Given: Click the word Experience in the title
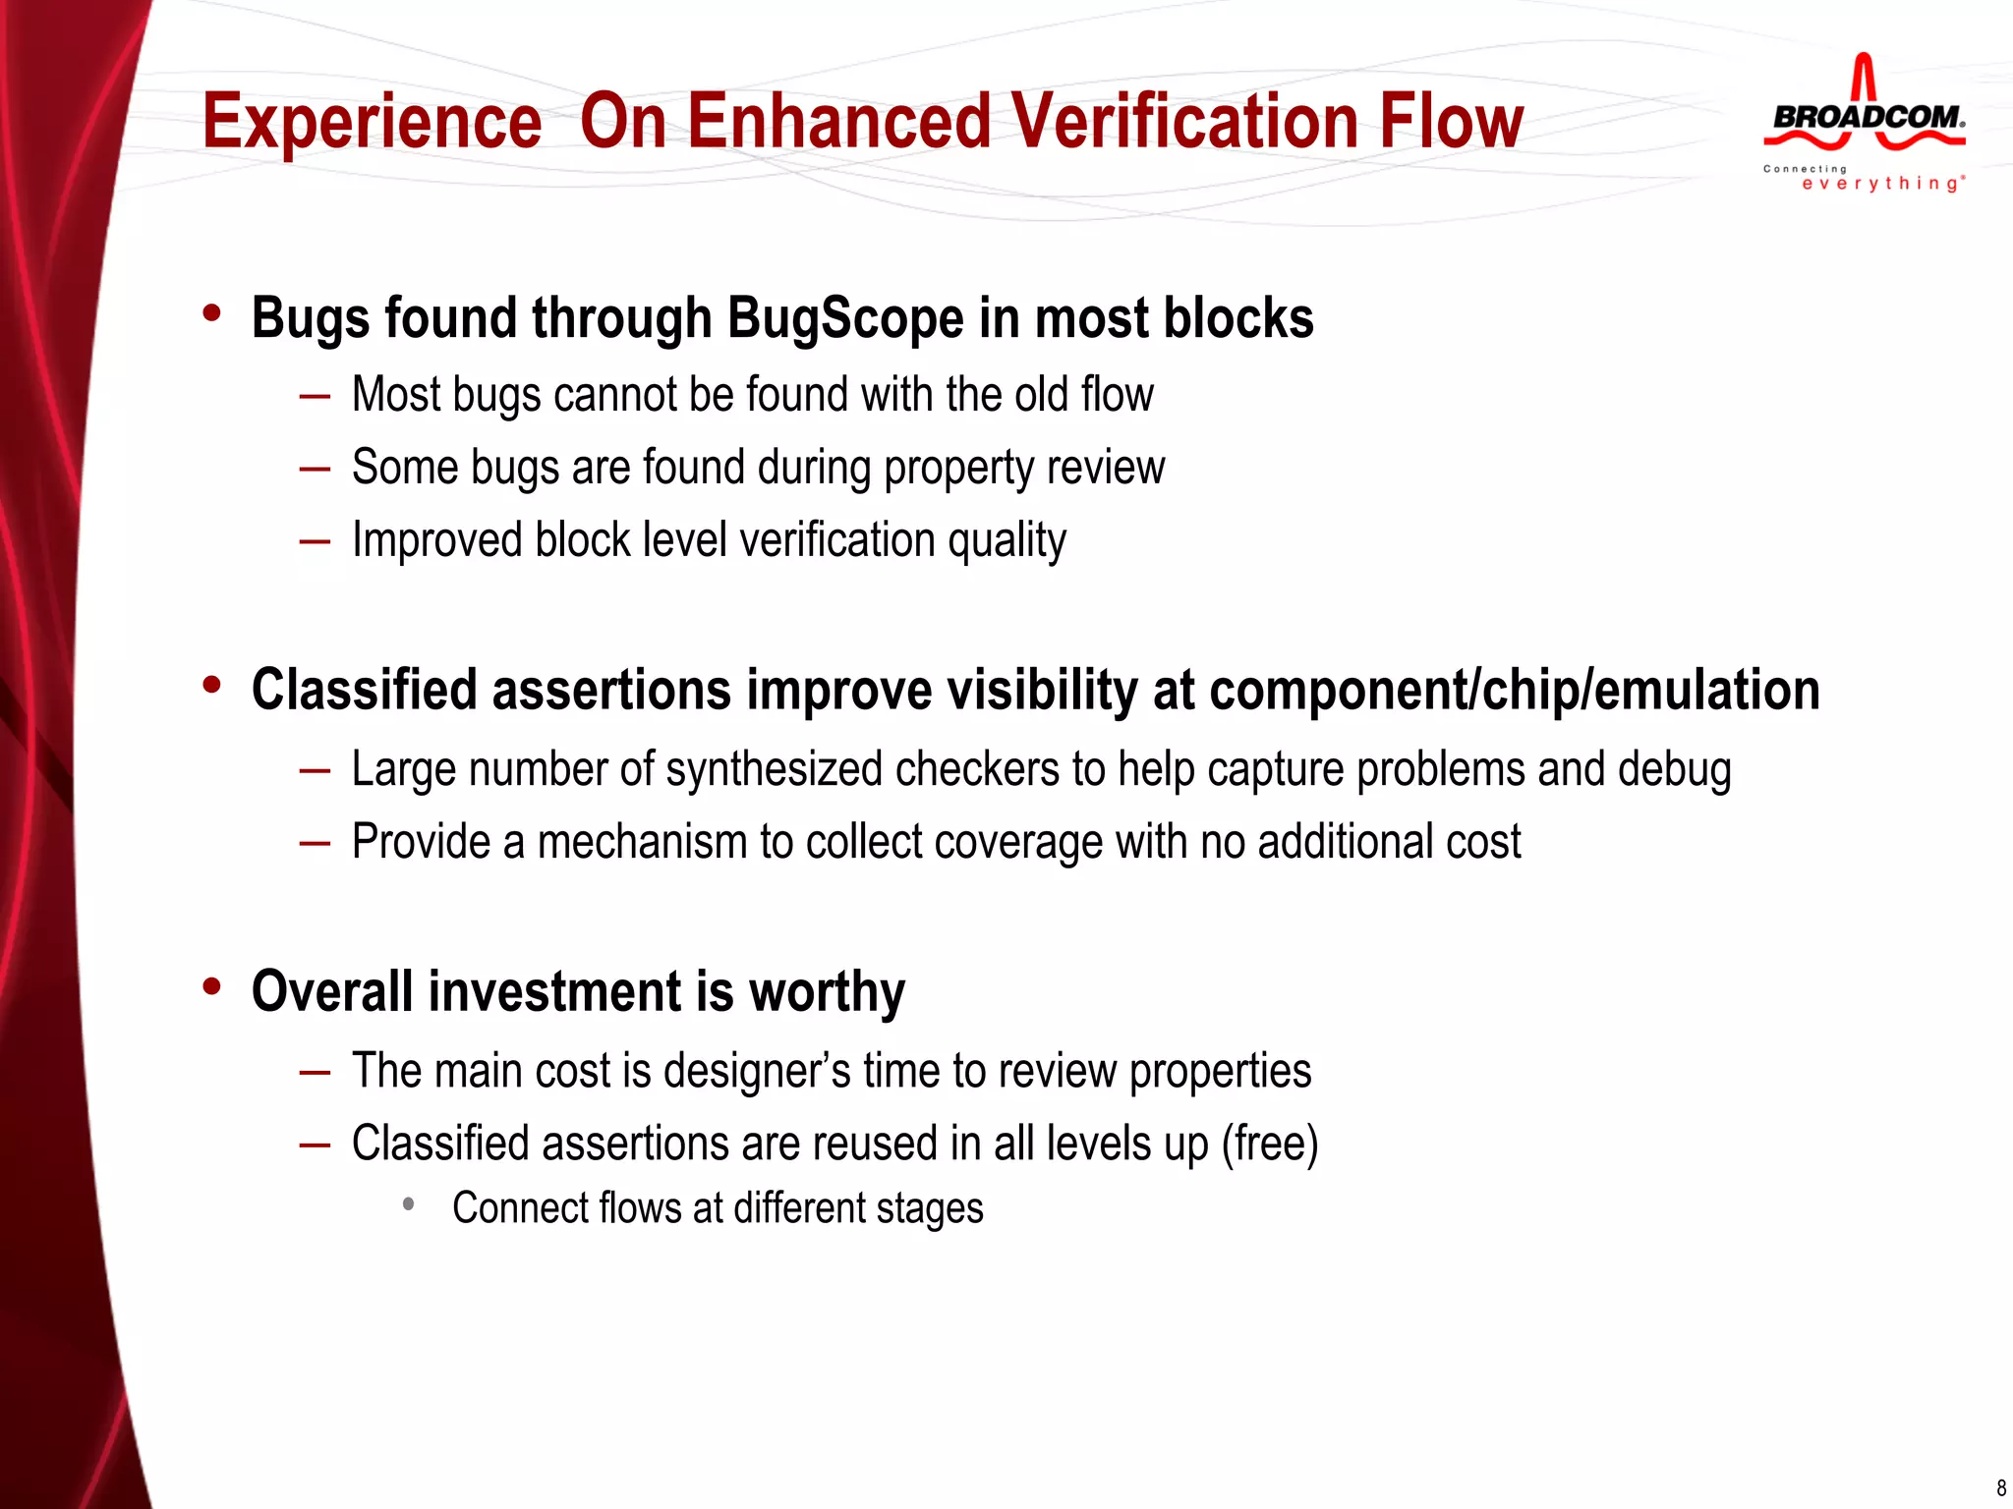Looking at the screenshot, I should (372, 122).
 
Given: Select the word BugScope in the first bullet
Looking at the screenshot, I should (832, 318).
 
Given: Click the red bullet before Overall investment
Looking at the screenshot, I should (211, 986).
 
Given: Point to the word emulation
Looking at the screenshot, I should (1707, 690).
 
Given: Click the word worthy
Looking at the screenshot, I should (827, 992).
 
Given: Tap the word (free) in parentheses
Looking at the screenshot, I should (1269, 1144).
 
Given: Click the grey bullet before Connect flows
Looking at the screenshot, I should (409, 1203).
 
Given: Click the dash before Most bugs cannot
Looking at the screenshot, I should (315, 396).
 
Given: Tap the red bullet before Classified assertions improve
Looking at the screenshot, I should (211, 685).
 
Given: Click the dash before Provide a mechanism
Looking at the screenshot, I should (315, 843).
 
